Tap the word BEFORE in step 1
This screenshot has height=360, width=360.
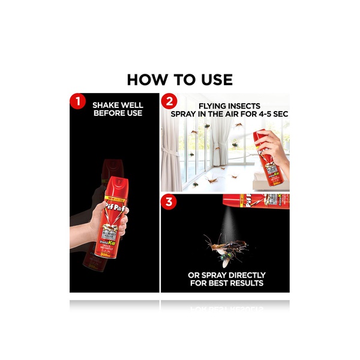[x=109, y=112]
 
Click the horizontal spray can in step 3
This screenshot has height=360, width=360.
[x=257, y=201]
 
